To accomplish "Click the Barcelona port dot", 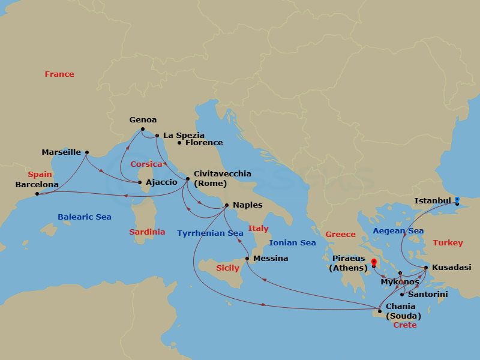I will coord(37,194).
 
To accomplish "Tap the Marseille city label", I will coord(61,152).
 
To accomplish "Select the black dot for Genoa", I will coord(143,130).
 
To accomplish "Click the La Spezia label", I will coord(184,136).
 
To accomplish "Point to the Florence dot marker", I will coord(179,143).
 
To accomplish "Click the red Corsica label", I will coord(146,164).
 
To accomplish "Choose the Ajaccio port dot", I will coord(140,182).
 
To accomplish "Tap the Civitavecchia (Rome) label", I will coord(222,178).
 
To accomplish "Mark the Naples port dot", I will coord(227,205).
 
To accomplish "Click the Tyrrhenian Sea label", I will coord(210,233).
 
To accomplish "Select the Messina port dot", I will coord(247,259).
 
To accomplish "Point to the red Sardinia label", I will coord(147,232).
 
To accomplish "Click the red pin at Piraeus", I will coord(373,262).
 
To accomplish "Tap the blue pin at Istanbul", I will coord(457,200).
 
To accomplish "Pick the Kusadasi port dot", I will coord(426,267).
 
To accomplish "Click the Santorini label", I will coord(427,295).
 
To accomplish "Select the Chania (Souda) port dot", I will coord(379,310).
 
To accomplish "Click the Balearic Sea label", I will coord(85,217).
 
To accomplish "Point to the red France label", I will coord(59,74).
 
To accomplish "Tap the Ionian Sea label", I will coord(292,243).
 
